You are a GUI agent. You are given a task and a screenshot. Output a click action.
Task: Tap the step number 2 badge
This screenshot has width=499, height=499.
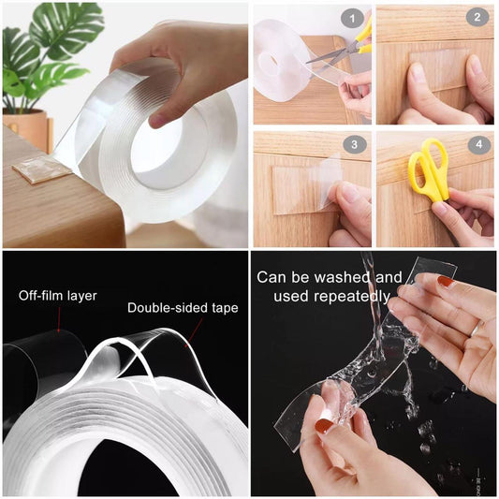pos(476,18)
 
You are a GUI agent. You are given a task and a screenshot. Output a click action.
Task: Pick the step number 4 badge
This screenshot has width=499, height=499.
pos(476,145)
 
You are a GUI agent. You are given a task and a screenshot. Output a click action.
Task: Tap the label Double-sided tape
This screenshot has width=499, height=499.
pos(183,307)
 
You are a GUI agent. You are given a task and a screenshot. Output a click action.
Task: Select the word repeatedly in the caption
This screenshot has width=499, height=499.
pos(352,297)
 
